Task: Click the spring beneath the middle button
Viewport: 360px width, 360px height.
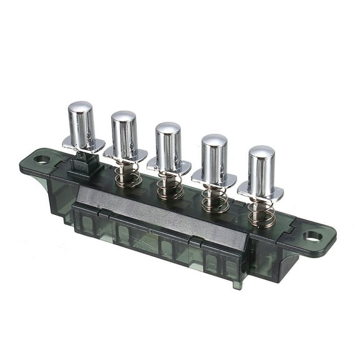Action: pos(171,187)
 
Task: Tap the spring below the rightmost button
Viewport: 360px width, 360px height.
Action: pos(261,213)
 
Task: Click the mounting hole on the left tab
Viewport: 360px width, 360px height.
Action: pos(41,159)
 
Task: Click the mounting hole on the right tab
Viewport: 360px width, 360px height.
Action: pos(313,236)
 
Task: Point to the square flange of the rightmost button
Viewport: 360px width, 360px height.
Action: pos(261,194)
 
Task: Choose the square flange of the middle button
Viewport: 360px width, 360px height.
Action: pos(169,167)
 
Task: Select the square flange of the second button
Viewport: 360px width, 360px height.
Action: pos(126,155)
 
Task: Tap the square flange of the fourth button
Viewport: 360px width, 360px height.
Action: pos(214,180)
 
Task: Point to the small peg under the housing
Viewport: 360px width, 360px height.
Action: pos(236,285)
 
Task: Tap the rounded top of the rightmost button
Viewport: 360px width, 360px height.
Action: pos(261,152)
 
